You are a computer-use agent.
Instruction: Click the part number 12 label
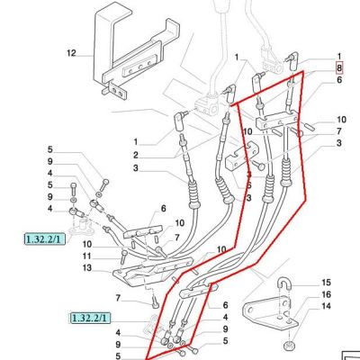(x=71, y=53)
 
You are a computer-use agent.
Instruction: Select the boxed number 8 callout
(x=339, y=68)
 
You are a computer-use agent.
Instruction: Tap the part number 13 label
(x=87, y=267)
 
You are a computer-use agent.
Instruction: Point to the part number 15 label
(x=326, y=283)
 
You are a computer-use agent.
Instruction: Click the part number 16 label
(x=326, y=294)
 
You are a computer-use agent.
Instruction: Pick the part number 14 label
(x=326, y=306)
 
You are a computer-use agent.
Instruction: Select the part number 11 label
(x=87, y=256)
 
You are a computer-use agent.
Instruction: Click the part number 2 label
(x=136, y=156)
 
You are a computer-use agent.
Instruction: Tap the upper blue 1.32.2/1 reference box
(x=45, y=239)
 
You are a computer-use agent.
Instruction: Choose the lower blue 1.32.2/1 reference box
(x=90, y=318)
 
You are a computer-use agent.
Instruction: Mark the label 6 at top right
(x=339, y=80)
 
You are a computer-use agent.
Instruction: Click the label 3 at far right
(x=339, y=143)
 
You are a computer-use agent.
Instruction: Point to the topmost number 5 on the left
(x=49, y=149)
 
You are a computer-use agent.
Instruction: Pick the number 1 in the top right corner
(x=339, y=57)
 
